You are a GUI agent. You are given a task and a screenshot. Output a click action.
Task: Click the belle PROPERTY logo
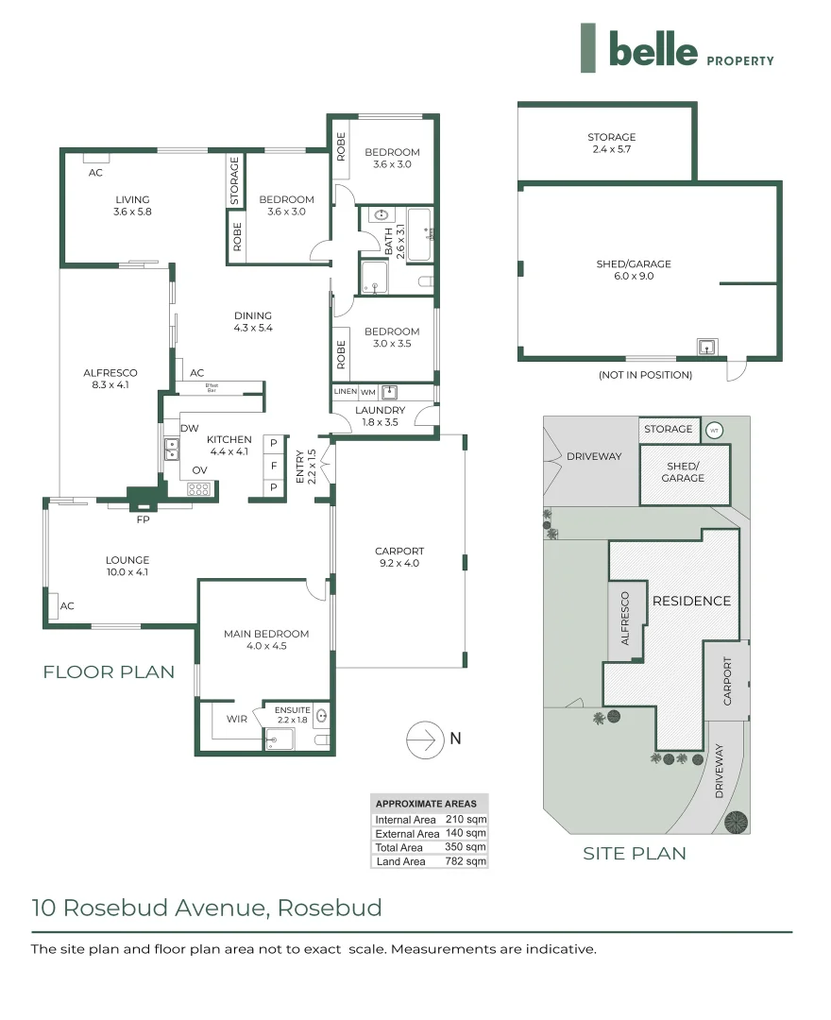[x=678, y=49]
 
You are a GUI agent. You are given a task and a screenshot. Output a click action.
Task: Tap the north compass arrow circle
[x=426, y=739]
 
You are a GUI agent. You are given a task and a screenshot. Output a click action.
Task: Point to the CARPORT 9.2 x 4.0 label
[x=399, y=557]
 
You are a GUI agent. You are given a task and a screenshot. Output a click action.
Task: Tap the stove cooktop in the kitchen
[x=199, y=488]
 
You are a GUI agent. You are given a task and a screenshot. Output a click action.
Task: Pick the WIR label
[x=236, y=719]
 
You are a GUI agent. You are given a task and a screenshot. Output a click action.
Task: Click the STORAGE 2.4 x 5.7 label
[x=611, y=143]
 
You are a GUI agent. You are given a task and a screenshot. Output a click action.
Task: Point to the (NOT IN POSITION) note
[x=645, y=375]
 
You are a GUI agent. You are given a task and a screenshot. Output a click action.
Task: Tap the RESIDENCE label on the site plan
[x=691, y=601]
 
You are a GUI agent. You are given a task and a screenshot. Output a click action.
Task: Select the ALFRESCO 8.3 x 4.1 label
[x=110, y=379]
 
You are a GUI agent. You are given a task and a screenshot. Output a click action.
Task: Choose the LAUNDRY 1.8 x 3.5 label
[x=380, y=416]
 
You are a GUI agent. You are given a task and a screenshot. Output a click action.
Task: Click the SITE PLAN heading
[x=634, y=853]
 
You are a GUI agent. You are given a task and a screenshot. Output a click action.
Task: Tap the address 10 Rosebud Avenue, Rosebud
[x=207, y=908]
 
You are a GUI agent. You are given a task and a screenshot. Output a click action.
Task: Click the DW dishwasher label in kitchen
[x=190, y=429]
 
